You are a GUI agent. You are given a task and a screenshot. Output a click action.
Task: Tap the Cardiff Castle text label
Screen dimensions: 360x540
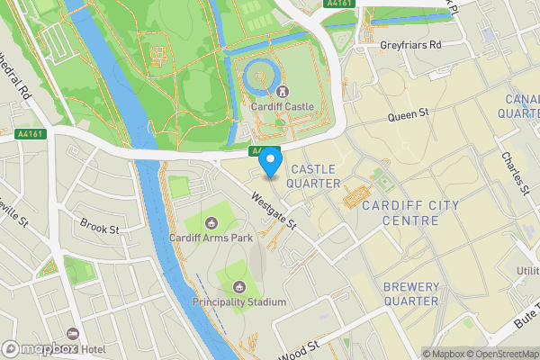(x=283, y=106)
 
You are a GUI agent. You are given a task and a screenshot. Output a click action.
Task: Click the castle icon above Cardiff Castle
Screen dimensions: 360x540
(x=283, y=91)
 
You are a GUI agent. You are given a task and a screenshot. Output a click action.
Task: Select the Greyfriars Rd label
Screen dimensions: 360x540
(x=411, y=43)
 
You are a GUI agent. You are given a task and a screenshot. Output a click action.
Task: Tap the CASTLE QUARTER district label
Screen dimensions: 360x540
(x=311, y=175)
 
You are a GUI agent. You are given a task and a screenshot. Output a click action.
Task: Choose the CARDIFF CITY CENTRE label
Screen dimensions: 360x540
(x=409, y=212)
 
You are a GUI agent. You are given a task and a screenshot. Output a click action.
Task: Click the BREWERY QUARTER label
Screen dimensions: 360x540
(x=411, y=293)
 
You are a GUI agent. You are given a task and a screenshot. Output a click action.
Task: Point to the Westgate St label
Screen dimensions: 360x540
(x=274, y=211)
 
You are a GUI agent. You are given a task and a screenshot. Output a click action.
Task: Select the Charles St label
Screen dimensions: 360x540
(x=515, y=171)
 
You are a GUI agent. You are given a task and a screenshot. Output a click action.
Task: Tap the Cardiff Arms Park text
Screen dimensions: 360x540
(x=211, y=238)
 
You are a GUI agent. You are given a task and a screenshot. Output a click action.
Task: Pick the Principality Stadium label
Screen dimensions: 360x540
(x=240, y=302)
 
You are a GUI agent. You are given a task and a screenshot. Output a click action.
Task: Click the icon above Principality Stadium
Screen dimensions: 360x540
(x=240, y=287)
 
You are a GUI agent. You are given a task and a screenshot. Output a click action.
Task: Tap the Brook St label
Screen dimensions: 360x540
(x=99, y=229)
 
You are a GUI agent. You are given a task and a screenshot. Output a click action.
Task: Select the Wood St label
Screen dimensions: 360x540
(x=300, y=349)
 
